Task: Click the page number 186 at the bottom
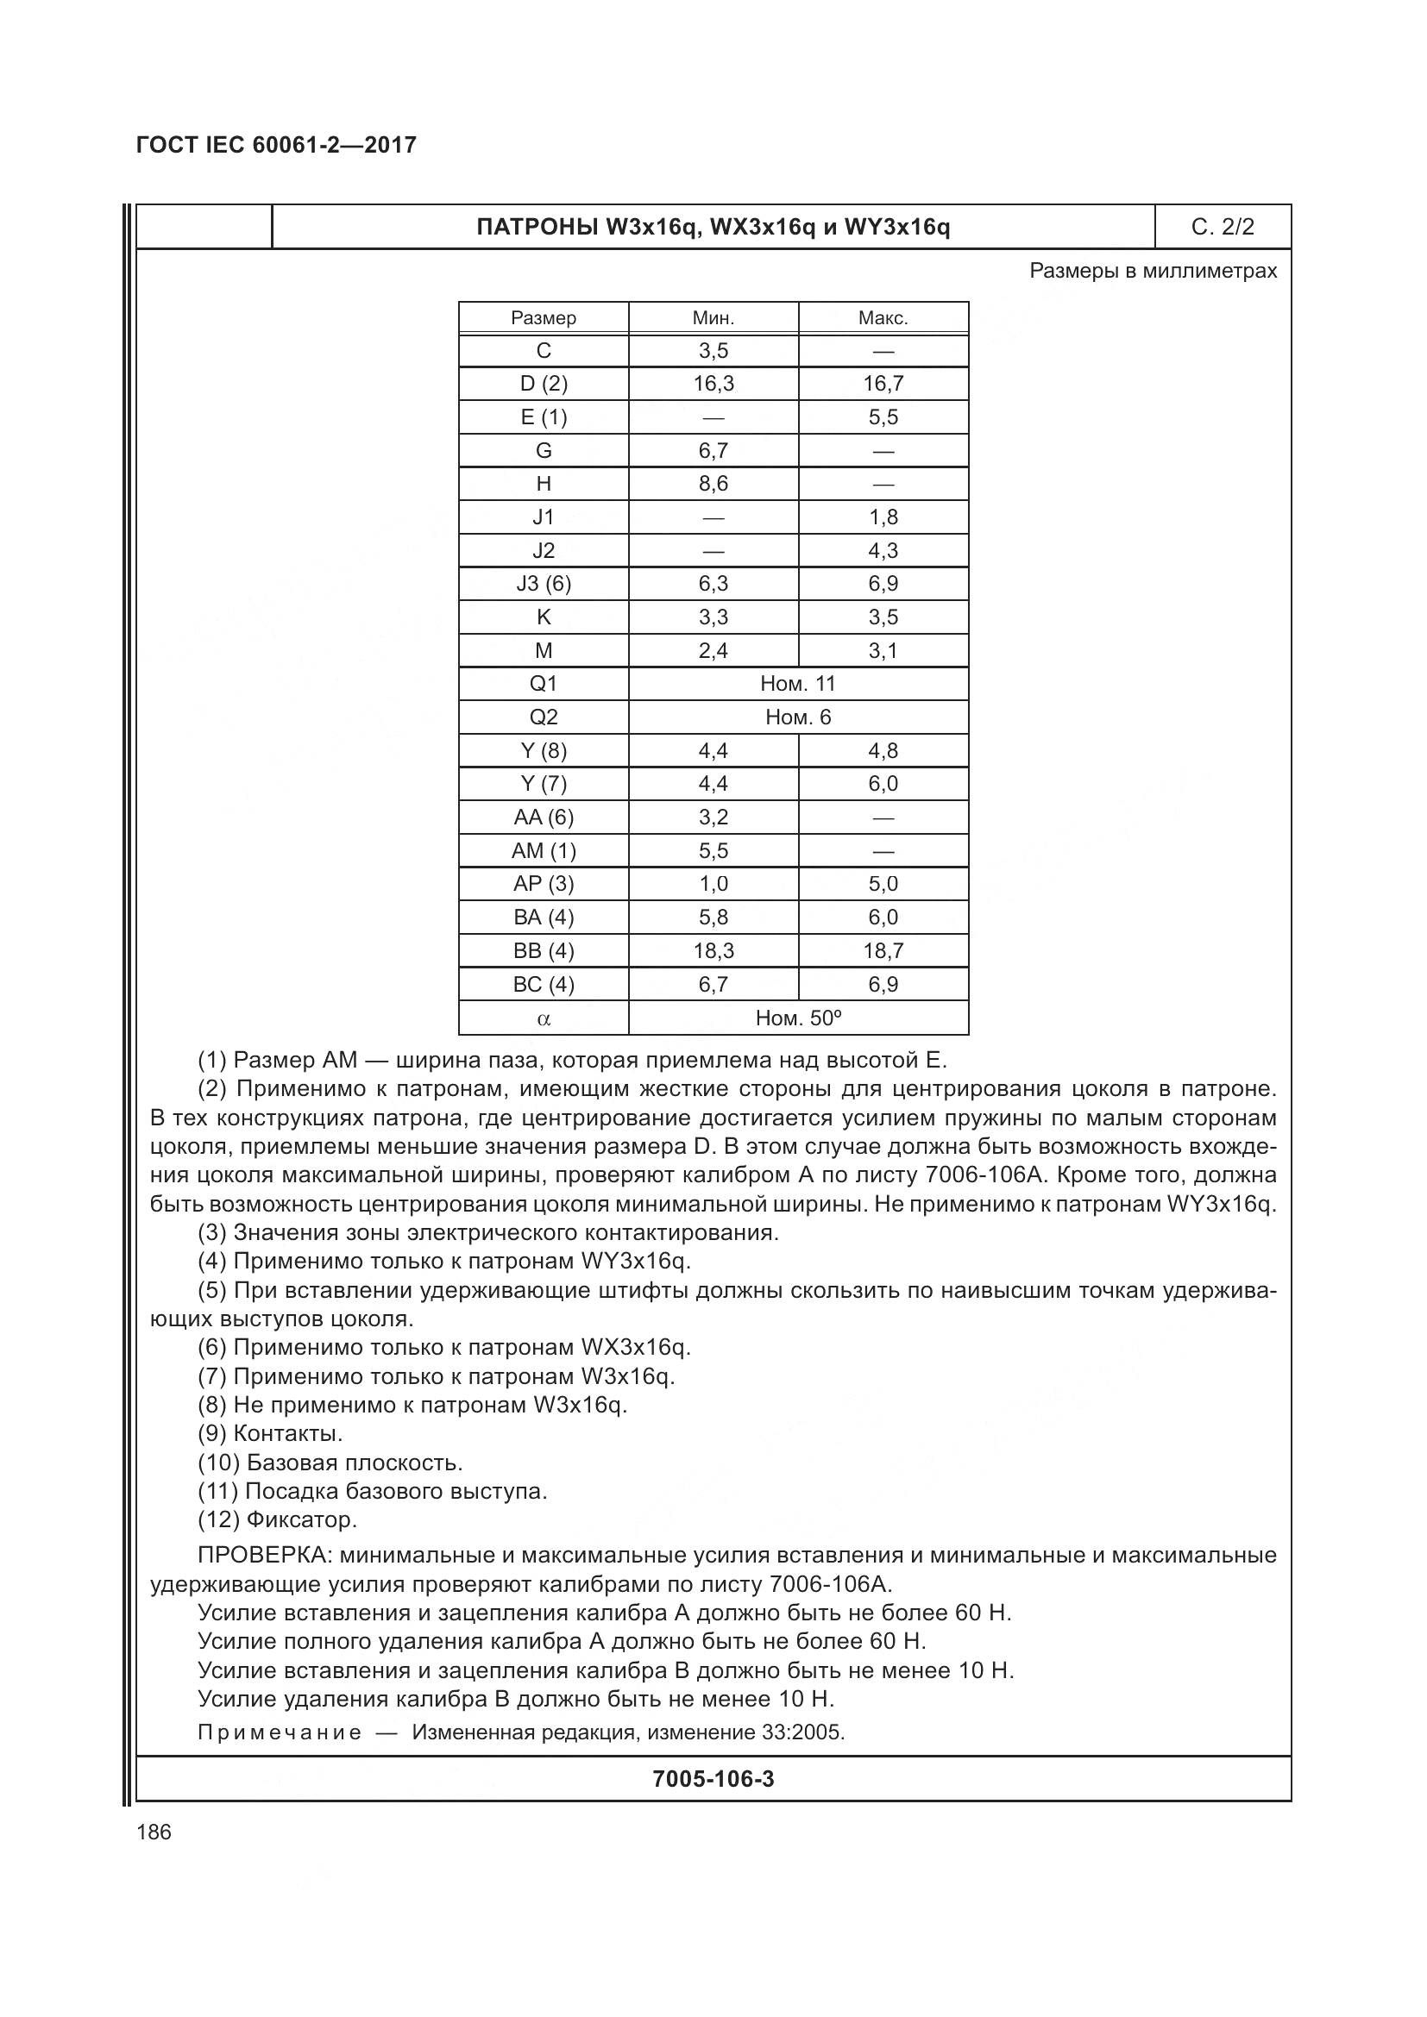click(x=154, y=1832)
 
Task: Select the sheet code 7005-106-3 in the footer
click(x=713, y=1779)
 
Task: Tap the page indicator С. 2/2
click(x=1223, y=227)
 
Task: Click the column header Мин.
click(x=713, y=318)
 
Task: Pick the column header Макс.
click(x=883, y=318)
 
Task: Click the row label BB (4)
click(x=543, y=950)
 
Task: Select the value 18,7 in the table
click(x=883, y=950)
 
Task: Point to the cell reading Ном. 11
click(x=798, y=684)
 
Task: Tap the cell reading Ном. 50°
click(x=798, y=1018)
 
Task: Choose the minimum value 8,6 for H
click(x=713, y=483)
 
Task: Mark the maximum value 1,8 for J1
click(x=883, y=517)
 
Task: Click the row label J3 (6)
click(x=543, y=583)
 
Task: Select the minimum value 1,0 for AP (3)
click(x=713, y=884)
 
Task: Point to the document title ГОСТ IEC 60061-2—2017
click(x=277, y=145)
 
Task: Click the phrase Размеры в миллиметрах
click(x=1153, y=271)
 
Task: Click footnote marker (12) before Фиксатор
click(x=218, y=1519)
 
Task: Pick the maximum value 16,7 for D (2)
click(x=883, y=383)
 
